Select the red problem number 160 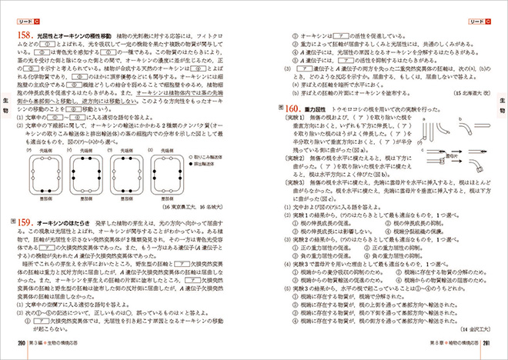coord(293,109)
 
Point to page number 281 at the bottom coord(490,343)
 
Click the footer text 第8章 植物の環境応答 coord(446,343)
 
